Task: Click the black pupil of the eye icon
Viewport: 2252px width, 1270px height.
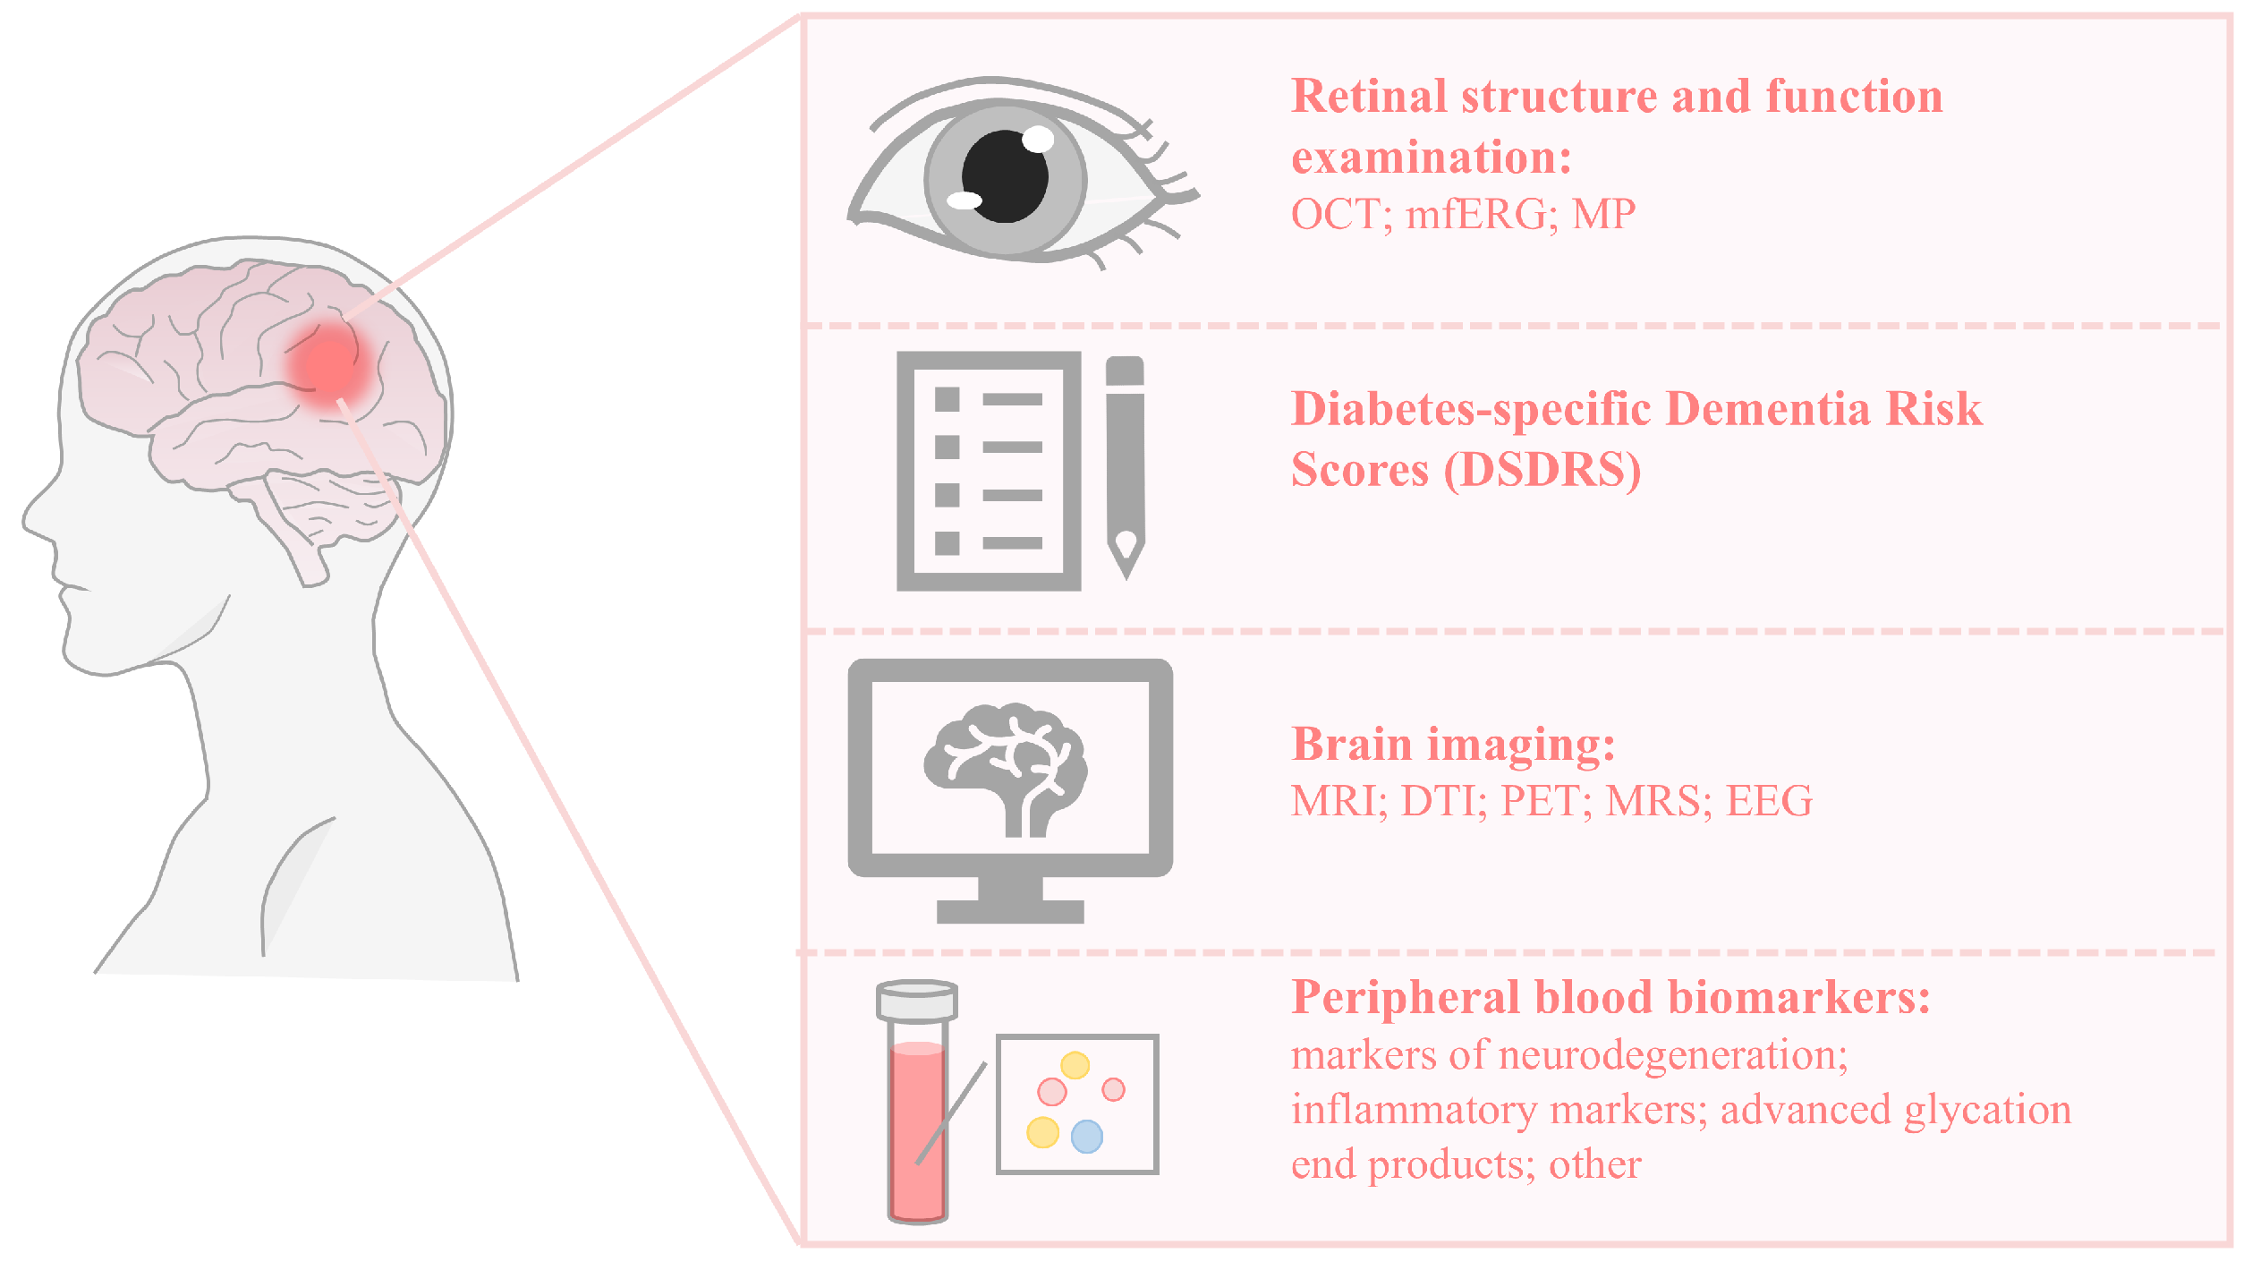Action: (1005, 176)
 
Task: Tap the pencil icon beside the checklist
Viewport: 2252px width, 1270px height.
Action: (1125, 465)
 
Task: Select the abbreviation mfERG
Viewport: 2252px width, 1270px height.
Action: (1475, 215)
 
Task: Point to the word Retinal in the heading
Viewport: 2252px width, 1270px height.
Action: (1371, 96)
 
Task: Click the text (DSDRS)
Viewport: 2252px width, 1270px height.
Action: (1542, 469)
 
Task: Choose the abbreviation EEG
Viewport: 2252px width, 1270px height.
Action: (1769, 800)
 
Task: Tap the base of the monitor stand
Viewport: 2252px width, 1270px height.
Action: (1009, 911)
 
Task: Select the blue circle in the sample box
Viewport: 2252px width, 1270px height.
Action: (1086, 1137)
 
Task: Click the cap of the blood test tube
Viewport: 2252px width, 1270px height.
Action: (917, 1001)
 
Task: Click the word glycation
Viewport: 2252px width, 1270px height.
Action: (1987, 1111)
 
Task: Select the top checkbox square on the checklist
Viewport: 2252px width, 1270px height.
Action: (947, 399)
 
